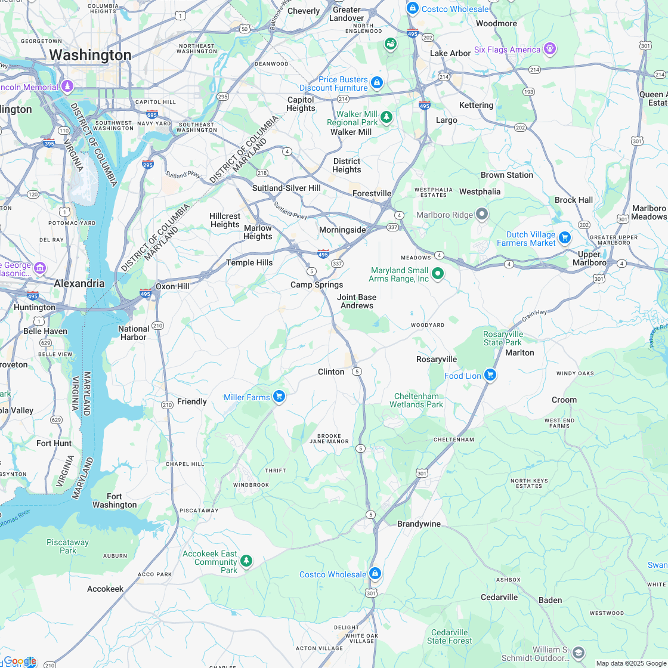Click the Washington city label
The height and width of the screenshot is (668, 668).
click(x=90, y=55)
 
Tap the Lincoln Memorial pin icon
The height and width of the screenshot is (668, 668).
click(x=67, y=87)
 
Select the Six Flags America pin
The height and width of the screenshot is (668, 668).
click(x=549, y=49)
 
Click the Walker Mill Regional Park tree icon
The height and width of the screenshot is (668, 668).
click(x=386, y=117)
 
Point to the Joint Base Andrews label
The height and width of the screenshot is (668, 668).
click(x=357, y=301)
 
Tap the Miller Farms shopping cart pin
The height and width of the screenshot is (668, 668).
click(x=279, y=397)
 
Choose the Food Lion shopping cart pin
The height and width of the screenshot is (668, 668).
click(x=490, y=375)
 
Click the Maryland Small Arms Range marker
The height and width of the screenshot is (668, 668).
click(x=438, y=274)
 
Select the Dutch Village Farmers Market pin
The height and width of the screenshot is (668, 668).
click(x=564, y=238)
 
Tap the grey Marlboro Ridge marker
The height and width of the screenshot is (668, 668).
click(x=482, y=214)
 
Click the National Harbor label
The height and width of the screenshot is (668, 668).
click(x=134, y=333)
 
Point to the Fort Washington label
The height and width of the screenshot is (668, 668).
click(x=115, y=500)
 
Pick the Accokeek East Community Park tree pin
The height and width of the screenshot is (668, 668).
click(x=246, y=561)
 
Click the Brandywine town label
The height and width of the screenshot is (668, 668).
click(x=419, y=524)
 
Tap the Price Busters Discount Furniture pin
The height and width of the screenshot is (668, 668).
click(x=376, y=82)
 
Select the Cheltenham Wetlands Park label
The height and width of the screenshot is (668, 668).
click(x=416, y=400)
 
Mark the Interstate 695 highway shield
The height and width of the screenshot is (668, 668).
click(x=152, y=115)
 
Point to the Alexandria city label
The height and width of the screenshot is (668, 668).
click(x=79, y=283)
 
